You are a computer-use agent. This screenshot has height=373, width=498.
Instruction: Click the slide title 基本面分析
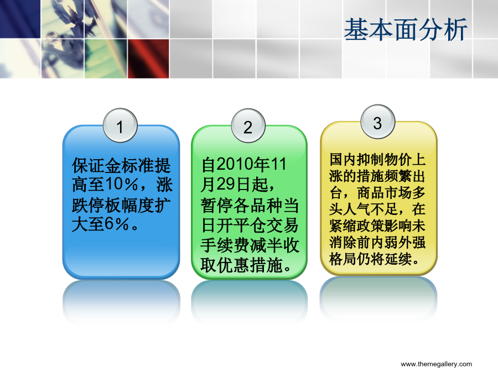click(406, 29)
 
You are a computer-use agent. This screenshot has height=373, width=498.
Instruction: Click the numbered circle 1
click(120, 125)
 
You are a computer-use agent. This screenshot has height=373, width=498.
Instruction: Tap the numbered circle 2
click(248, 126)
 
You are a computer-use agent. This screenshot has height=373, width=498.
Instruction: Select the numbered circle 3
click(377, 122)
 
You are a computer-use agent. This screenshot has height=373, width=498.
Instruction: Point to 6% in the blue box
click(117, 224)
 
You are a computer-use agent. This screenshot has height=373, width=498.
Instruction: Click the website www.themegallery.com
click(437, 364)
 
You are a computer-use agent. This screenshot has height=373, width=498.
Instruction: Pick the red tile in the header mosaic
click(148, 59)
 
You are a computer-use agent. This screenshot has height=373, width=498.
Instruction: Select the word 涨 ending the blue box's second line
click(164, 185)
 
